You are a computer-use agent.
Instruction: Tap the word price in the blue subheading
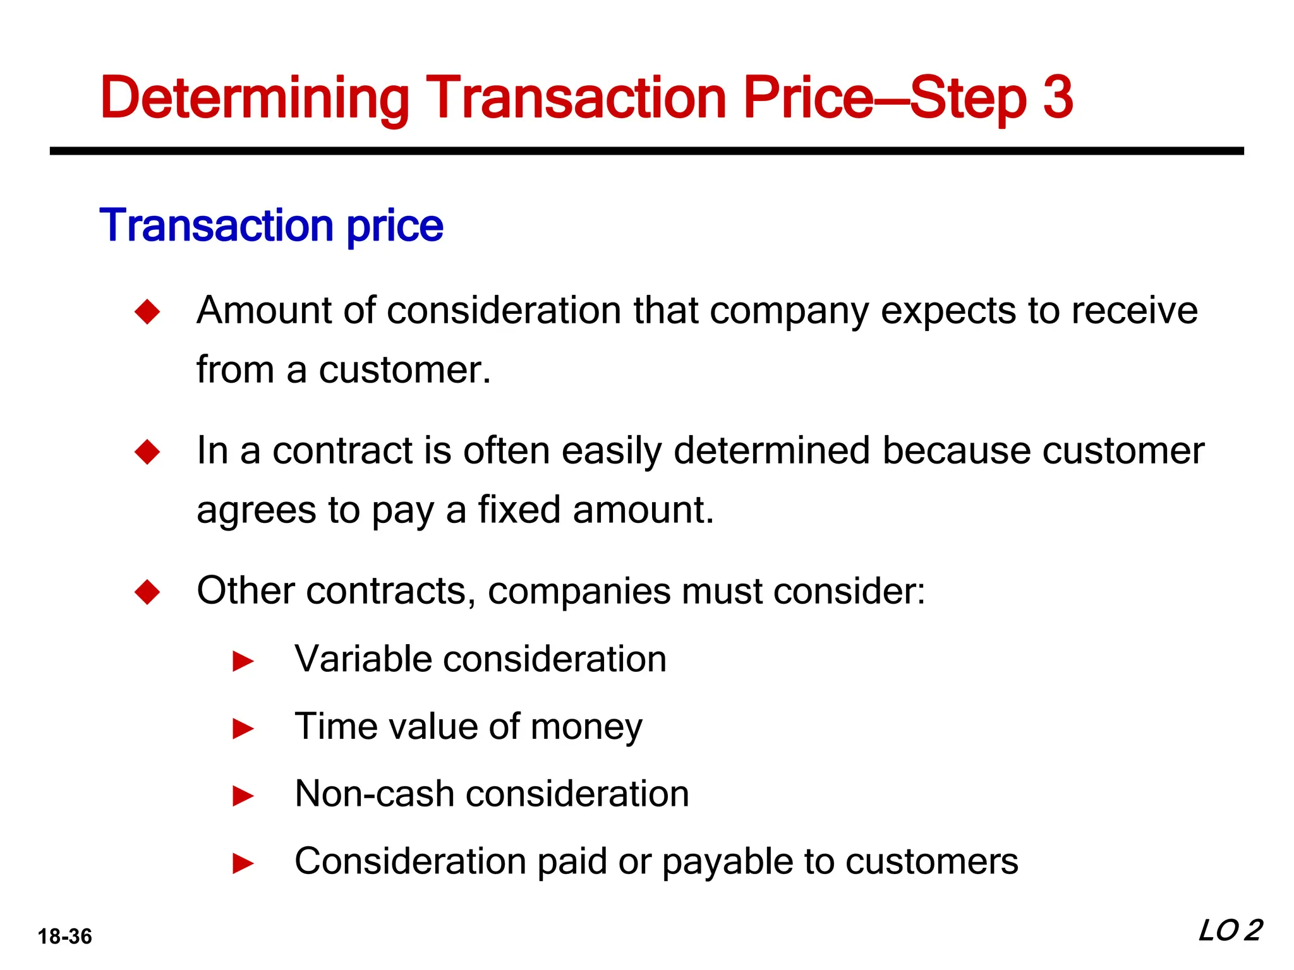click(x=395, y=226)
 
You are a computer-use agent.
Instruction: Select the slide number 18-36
click(x=64, y=937)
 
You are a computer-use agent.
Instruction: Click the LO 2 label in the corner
click(x=1230, y=930)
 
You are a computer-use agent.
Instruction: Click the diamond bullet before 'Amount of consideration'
click(x=147, y=312)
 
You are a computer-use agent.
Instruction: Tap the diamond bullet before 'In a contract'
click(x=147, y=452)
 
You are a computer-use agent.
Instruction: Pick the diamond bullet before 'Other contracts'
click(x=147, y=592)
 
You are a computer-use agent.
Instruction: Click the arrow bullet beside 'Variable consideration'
click(x=243, y=662)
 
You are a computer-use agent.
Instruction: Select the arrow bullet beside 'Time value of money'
click(x=243, y=729)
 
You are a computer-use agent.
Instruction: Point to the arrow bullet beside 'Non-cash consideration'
click(x=243, y=796)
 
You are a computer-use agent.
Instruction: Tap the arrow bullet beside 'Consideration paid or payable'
click(x=243, y=863)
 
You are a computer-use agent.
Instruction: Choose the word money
click(x=586, y=727)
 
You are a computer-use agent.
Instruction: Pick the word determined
click(x=771, y=451)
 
